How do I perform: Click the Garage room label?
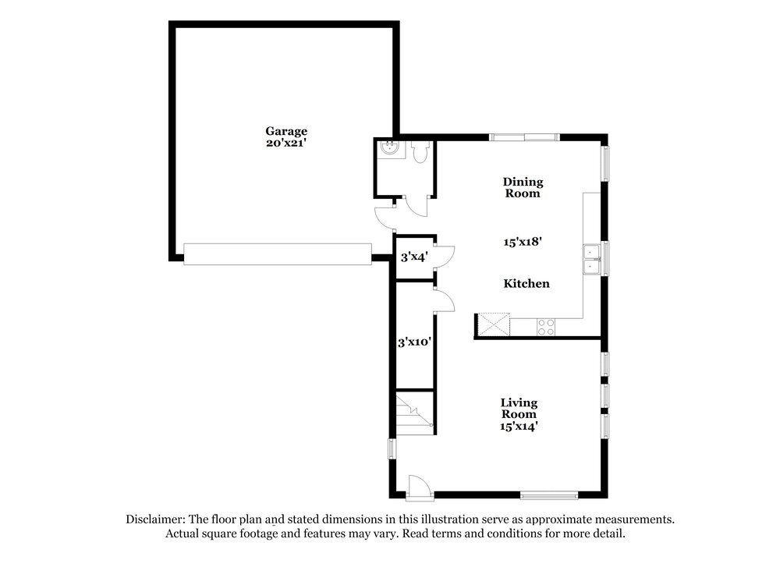point(286,131)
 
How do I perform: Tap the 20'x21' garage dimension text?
point(286,143)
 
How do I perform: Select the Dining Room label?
point(523,187)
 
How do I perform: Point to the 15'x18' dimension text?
point(523,242)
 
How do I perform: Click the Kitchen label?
point(526,284)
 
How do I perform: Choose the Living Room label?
point(519,409)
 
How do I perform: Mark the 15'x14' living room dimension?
point(519,427)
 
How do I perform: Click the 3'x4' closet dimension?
point(414,257)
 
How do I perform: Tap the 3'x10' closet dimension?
point(414,342)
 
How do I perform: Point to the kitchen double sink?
point(592,260)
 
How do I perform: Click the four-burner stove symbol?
point(546,327)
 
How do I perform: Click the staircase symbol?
point(414,413)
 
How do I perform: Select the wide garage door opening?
point(278,253)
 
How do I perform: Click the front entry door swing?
point(419,485)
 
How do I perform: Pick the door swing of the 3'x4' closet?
point(445,257)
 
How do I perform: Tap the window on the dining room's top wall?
point(524,137)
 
